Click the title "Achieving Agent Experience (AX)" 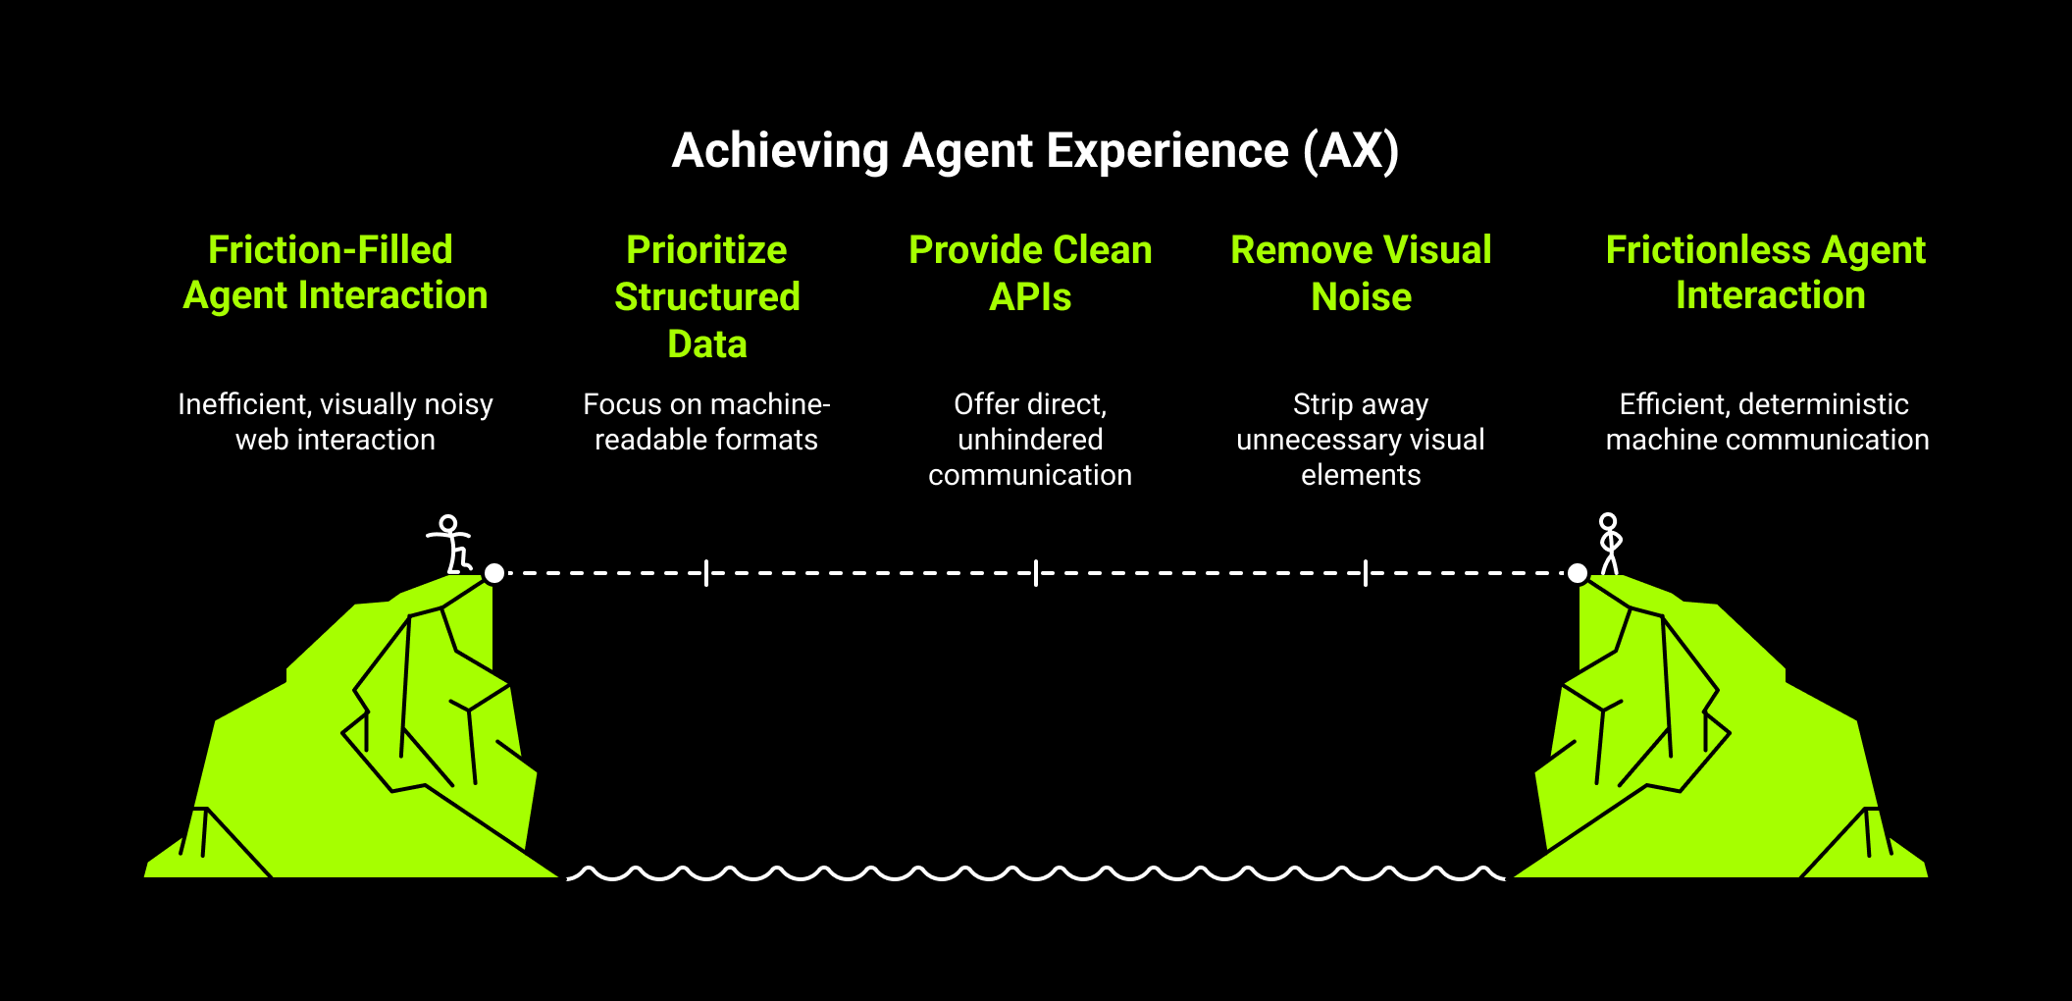tap(1035, 151)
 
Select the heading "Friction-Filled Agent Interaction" tap(334, 273)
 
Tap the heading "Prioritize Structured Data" tap(706, 296)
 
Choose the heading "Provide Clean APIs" tap(1030, 273)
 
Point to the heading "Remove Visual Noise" tap(1361, 273)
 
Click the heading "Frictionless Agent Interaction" tap(1767, 273)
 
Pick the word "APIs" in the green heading tap(1030, 297)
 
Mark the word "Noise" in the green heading tap(1361, 297)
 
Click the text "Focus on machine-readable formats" tap(706, 422)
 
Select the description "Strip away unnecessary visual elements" tap(1361, 440)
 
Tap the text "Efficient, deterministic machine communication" tap(1767, 422)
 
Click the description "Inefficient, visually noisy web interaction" tap(335, 422)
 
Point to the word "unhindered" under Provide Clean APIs tap(1030, 440)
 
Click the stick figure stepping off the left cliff tap(451, 545)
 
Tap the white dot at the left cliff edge tap(494, 573)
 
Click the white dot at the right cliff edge tap(1578, 573)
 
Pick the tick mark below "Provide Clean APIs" tap(1036, 573)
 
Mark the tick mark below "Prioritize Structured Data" tap(706, 573)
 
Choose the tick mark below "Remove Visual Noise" tap(1366, 573)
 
